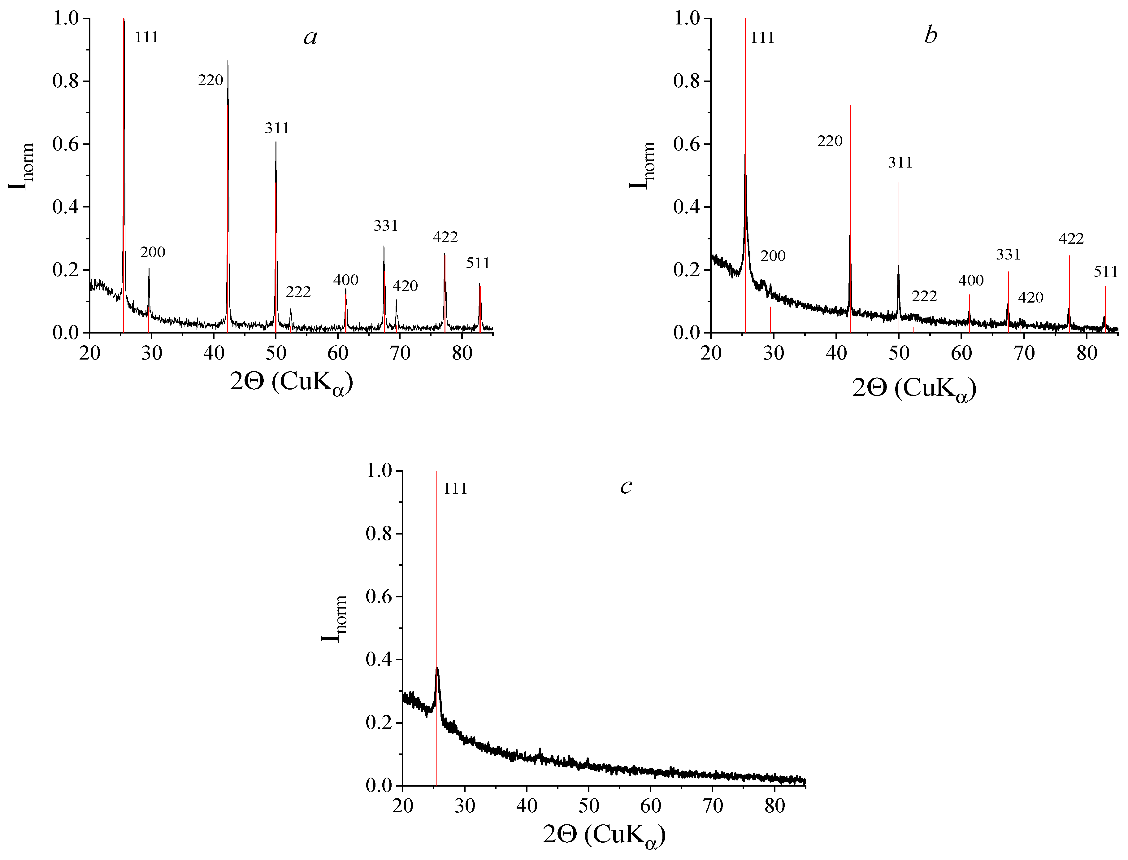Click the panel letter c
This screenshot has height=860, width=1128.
[x=626, y=486]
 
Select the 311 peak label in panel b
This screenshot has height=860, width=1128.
[x=900, y=163]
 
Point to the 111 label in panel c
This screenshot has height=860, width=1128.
[x=455, y=489]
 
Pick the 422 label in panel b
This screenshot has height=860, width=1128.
[x=1071, y=238]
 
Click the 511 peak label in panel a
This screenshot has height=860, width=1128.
[x=478, y=263]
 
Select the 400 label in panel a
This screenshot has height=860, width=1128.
[x=346, y=280]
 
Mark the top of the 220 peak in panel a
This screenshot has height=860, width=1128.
[x=228, y=61]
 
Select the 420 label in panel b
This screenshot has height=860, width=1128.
[x=1030, y=297]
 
